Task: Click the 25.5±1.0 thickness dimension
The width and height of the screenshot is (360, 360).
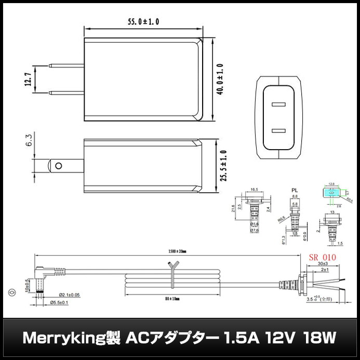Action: (224, 166)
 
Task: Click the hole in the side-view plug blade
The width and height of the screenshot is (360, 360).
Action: (58, 166)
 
